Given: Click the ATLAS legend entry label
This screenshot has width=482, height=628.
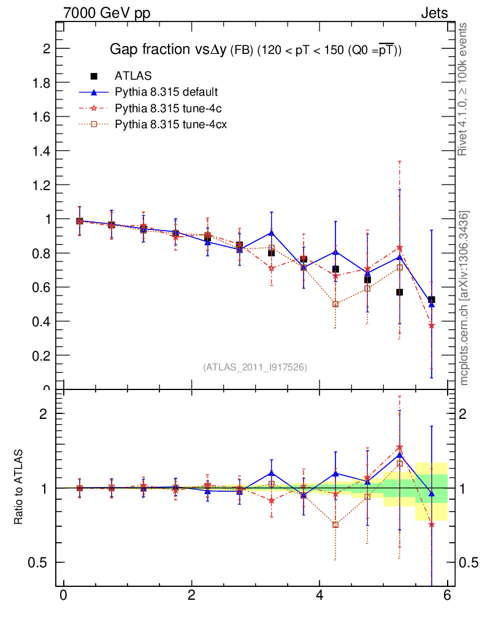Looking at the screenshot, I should point(133,75).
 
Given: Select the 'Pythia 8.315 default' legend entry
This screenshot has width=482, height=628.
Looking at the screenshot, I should point(166,92).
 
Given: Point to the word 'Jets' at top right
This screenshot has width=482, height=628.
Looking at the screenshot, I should point(434,13).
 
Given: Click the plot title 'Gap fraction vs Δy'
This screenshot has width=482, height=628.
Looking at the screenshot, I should point(168,50).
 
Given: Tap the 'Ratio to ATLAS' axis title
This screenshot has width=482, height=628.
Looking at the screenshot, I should point(19,488).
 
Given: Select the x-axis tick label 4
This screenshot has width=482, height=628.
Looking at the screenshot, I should point(319,595).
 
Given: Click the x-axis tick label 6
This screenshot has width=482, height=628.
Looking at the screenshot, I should point(447,595).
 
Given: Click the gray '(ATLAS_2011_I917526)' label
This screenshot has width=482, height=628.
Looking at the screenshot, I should point(255,367).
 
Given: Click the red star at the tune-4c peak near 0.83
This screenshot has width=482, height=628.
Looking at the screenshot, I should point(400,248).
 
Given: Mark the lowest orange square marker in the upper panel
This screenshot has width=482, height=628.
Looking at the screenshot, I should point(335,304).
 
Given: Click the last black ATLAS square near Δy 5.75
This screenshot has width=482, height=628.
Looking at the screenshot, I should point(432,300).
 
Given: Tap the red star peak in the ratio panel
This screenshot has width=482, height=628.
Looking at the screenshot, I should point(400,448).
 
